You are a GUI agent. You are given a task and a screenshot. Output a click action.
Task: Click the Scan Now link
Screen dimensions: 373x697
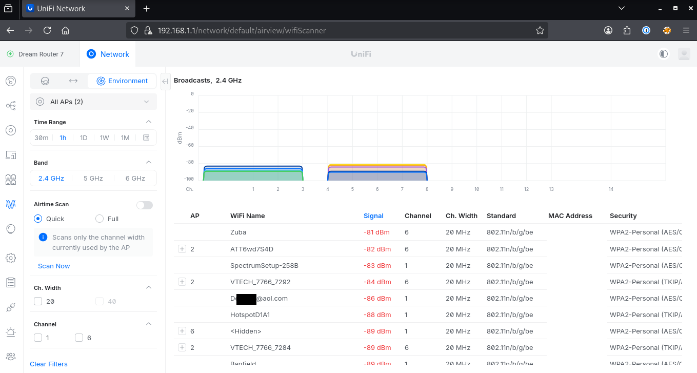pyautogui.click(x=54, y=266)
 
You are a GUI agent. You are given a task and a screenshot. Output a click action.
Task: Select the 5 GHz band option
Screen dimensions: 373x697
pyautogui.click(x=93, y=178)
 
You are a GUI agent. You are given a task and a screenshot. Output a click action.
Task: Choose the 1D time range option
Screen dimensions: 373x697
pyautogui.click(x=84, y=138)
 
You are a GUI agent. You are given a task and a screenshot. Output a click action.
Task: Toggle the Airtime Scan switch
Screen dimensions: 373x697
pyautogui.click(x=144, y=205)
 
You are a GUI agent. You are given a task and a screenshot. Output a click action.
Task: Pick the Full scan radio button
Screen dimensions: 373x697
pyautogui.click(x=99, y=219)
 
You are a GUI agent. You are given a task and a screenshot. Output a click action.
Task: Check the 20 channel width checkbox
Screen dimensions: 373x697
pyautogui.click(x=38, y=301)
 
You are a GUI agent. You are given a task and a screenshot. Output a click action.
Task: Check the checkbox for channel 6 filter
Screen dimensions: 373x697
pyautogui.click(x=79, y=338)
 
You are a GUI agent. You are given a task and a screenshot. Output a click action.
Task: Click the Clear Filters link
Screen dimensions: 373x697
pyautogui.click(x=49, y=364)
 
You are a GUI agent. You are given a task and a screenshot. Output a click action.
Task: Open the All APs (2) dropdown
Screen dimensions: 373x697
pyautogui.click(x=93, y=102)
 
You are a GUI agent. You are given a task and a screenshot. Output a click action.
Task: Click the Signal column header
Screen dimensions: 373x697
pyautogui.click(x=373, y=215)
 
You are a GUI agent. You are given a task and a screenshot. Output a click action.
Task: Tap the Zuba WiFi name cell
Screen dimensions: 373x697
pyautogui.click(x=238, y=232)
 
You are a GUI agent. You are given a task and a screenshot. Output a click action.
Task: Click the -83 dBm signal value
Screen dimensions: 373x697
pyautogui.click(x=377, y=265)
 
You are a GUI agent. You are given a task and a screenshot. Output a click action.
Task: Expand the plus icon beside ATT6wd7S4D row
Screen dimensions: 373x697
pyautogui.click(x=182, y=249)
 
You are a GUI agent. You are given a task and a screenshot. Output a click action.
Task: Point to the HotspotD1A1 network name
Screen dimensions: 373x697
pyautogui.click(x=250, y=315)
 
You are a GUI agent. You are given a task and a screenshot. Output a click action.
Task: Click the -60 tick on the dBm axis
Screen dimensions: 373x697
pyautogui.click(x=190, y=145)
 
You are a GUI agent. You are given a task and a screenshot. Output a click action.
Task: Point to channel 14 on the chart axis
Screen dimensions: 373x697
pyautogui.click(x=611, y=189)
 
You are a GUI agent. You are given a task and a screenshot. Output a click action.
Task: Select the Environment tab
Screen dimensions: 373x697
pyautogui.click(x=122, y=81)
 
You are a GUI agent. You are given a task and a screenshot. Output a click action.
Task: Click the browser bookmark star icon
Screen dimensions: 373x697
pyautogui.click(x=540, y=30)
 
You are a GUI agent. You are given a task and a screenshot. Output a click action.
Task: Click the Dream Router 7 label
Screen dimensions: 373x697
pyautogui.click(x=41, y=54)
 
